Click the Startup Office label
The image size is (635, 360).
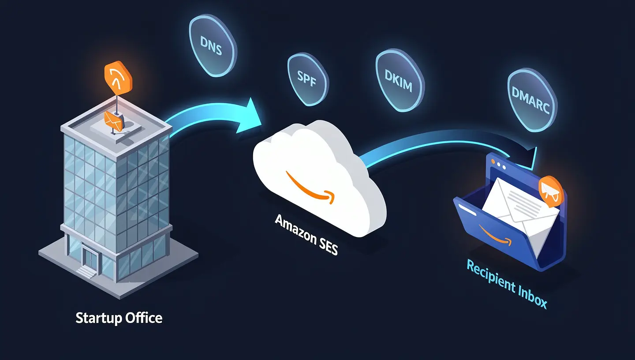point(119,318)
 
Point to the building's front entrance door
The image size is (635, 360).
point(91,258)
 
